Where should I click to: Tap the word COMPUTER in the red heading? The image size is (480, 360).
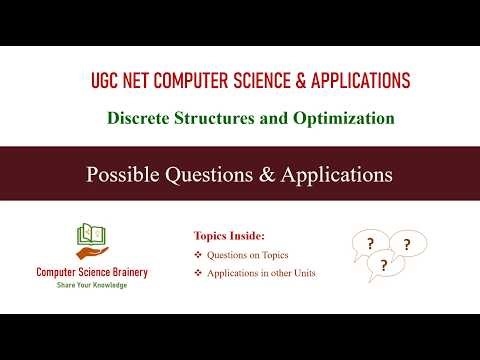(197, 80)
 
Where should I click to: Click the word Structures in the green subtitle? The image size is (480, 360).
(213, 118)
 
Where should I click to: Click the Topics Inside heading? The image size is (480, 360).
(229, 236)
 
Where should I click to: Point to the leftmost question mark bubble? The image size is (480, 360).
(371, 243)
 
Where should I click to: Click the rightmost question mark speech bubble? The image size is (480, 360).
(406, 243)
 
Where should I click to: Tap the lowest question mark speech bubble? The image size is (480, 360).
(384, 266)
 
